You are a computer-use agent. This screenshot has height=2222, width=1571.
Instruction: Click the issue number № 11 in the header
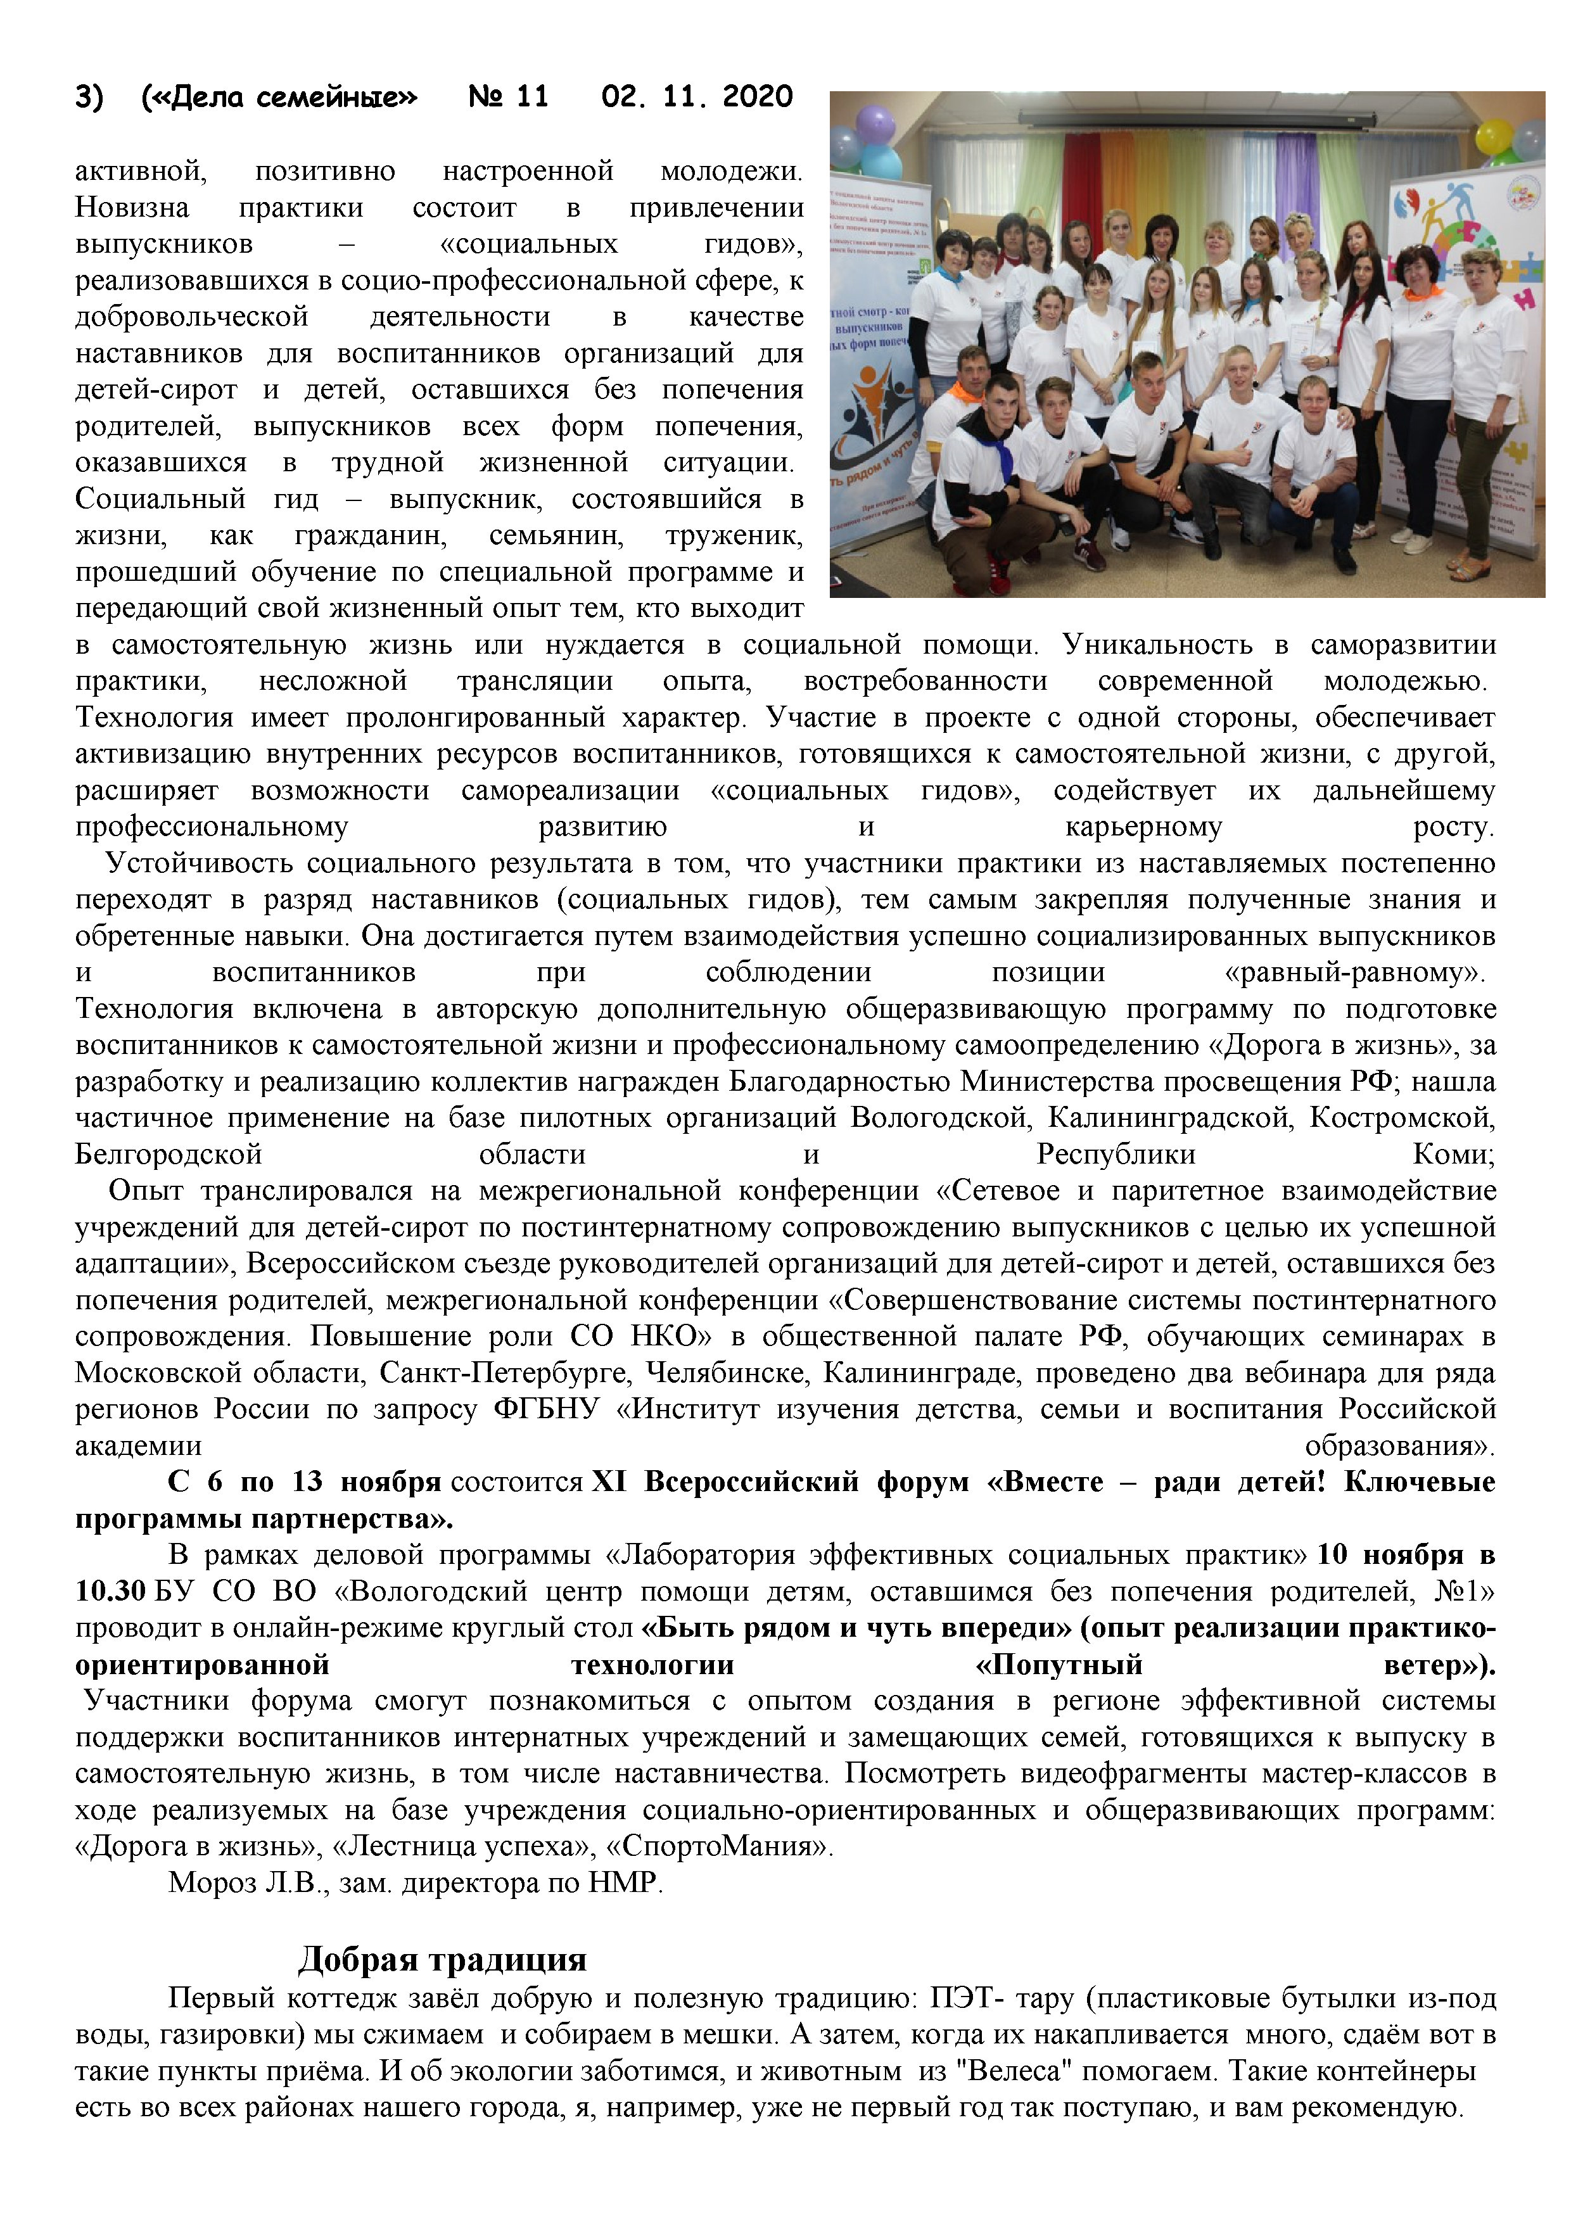(508, 97)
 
